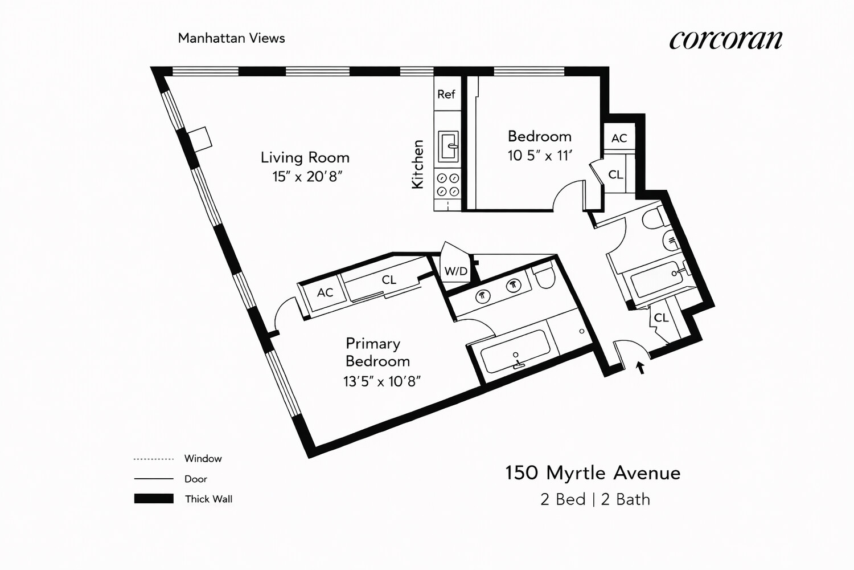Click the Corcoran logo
[x=726, y=39]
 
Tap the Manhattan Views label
[x=231, y=38]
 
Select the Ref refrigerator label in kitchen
[x=446, y=94]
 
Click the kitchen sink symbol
[x=448, y=146]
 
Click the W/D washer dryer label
[x=455, y=271]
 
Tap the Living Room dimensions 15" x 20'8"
[x=307, y=177]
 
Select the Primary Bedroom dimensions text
[x=381, y=381]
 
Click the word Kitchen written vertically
[x=418, y=164]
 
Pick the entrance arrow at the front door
[x=640, y=368]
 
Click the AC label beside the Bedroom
[x=619, y=138]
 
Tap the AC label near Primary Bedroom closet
[x=325, y=292]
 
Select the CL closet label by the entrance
[x=660, y=317]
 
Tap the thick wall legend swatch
[x=154, y=499]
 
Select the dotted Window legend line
[x=153, y=459]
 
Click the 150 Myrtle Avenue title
[x=593, y=473]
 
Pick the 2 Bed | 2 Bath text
[x=595, y=499]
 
